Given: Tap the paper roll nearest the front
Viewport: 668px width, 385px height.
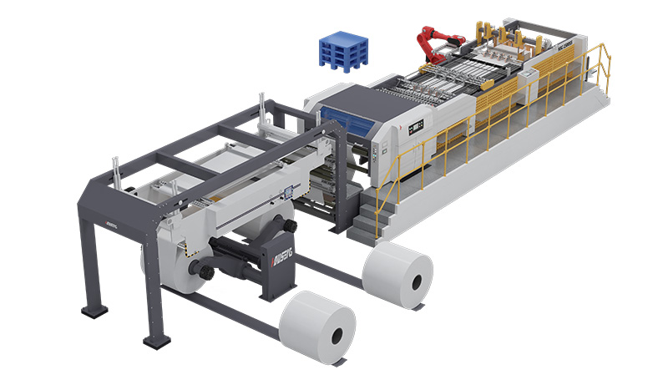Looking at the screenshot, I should click(318, 327).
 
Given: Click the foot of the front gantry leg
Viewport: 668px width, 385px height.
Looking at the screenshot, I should click(155, 341).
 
